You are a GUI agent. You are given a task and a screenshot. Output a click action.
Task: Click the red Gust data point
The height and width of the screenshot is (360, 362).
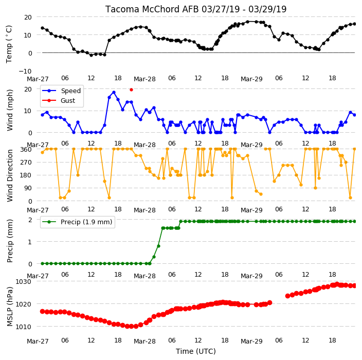(x=131, y=89)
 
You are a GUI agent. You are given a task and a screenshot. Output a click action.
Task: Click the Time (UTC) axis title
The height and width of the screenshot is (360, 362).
(x=196, y=351)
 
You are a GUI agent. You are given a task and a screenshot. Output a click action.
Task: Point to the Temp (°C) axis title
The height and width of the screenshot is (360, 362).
(x=9, y=44)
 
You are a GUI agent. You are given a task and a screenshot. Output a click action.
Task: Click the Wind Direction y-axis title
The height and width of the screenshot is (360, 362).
(x=10, y=175)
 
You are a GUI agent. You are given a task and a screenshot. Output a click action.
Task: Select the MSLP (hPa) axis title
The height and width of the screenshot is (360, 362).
(x=9, y=307)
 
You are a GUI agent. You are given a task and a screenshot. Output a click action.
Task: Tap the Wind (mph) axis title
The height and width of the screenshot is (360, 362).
(x=9, y=110)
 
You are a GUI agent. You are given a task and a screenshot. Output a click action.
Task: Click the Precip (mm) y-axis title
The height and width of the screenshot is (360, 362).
(x=9, y=241)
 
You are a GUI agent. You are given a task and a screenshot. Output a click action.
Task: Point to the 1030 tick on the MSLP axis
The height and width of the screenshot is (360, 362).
(x=23, y=281)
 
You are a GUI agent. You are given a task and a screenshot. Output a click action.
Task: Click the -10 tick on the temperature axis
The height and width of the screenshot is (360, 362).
(x=25, y=71)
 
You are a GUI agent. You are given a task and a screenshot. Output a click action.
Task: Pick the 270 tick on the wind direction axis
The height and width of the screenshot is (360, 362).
(x=26, y=163)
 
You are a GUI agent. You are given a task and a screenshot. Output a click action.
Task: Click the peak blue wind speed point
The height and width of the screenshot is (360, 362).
(x=114, y=93)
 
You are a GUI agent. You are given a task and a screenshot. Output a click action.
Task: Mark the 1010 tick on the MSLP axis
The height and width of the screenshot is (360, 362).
(x=23, y=327)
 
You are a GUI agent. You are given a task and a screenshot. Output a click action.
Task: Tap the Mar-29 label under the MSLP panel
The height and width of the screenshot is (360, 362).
(x=251, y=341)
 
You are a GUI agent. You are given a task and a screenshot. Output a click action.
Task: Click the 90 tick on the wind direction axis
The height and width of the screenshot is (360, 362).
(x=28, y=188)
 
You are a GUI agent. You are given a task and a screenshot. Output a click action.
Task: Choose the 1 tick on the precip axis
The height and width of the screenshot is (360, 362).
(x=30, y=242)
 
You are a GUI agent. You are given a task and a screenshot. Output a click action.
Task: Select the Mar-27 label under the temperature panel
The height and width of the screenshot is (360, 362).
(x=38, y=79)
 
